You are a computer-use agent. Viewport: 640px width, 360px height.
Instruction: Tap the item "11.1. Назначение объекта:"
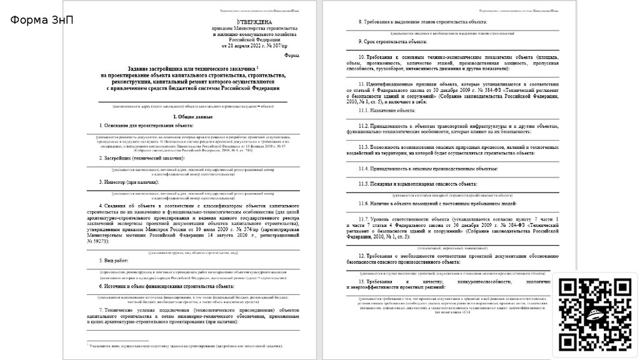[387, 110]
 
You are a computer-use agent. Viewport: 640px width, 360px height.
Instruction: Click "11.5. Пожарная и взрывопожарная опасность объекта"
[417, 184]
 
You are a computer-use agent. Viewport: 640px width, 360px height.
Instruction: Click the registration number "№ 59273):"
[99, 241]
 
